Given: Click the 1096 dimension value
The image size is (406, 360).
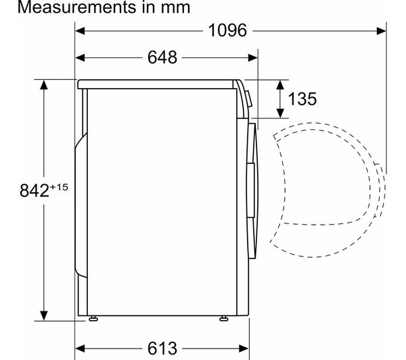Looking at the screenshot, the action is coord(227,30).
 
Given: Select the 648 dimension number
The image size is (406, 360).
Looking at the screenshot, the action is coord(162,58).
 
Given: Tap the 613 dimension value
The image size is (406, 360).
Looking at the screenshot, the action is coord(162,348).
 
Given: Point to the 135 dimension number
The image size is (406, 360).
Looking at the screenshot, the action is coord(302,99).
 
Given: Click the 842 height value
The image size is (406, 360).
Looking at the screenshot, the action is coord(35,191).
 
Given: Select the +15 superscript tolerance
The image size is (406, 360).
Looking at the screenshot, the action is coord(59,187).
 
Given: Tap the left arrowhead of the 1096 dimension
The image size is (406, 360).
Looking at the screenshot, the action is coord(80,31).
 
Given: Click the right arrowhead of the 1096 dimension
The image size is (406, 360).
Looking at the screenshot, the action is coord(382,31).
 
